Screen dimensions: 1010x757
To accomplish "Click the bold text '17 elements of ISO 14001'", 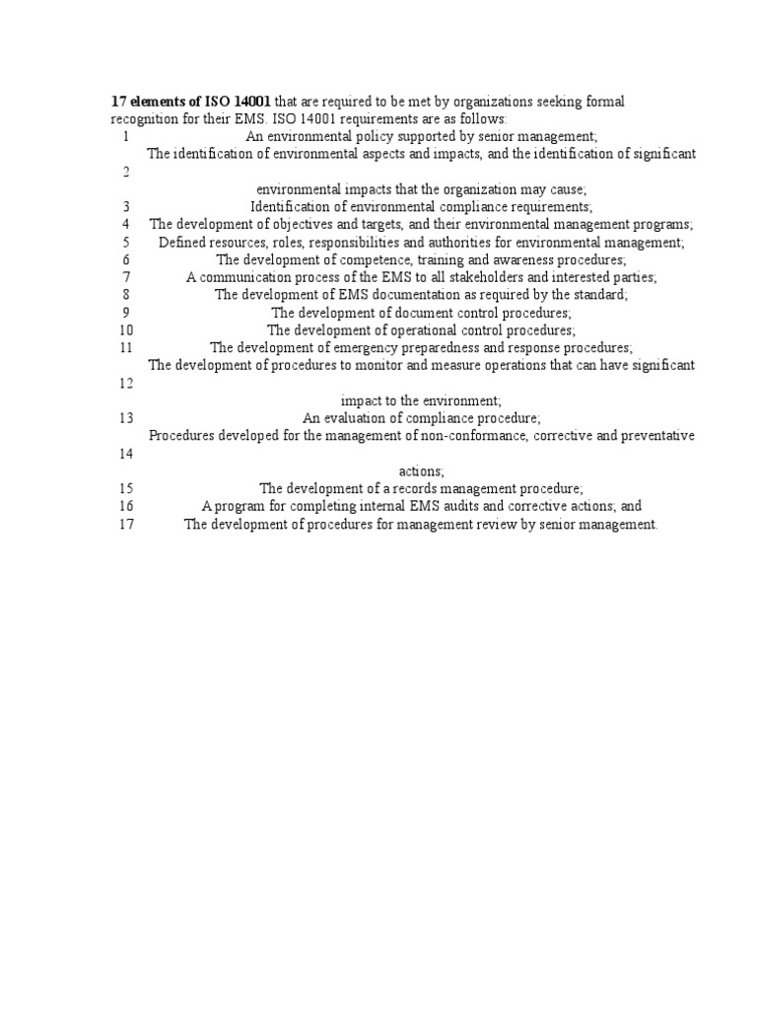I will point(190,102).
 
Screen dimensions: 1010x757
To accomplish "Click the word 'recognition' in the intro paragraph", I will point(144,118).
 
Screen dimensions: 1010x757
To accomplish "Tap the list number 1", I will point(126,136).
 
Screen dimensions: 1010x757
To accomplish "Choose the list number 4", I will point(126,224).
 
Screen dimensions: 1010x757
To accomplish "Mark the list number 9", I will point(126,312).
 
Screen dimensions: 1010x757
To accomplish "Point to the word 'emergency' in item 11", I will point(374,347).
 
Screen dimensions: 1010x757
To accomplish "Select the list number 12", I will point(125,383).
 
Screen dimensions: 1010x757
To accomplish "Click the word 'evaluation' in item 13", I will point(354,417).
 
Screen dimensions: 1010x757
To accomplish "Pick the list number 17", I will point(125,524).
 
